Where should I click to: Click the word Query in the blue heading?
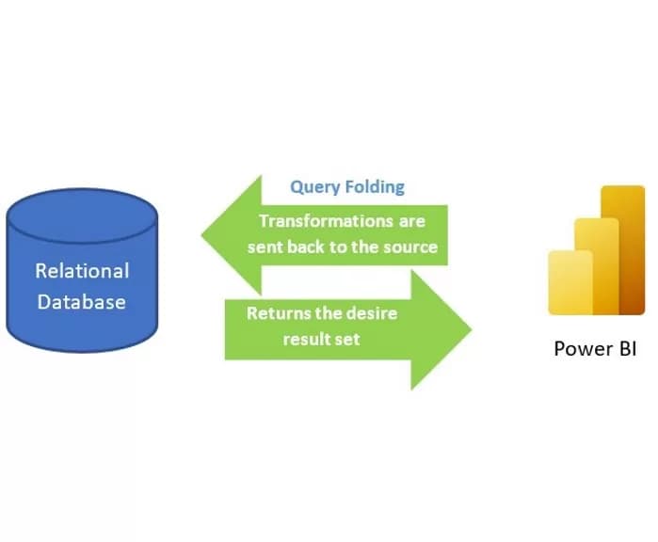(313, 186)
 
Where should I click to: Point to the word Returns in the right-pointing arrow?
(277, 313)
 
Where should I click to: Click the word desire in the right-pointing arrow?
(373, 313)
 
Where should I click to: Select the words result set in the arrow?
(322, 338)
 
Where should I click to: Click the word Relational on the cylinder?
(82, 271)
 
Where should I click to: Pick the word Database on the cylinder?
(81, 302)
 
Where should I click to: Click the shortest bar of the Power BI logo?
(570, 282)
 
